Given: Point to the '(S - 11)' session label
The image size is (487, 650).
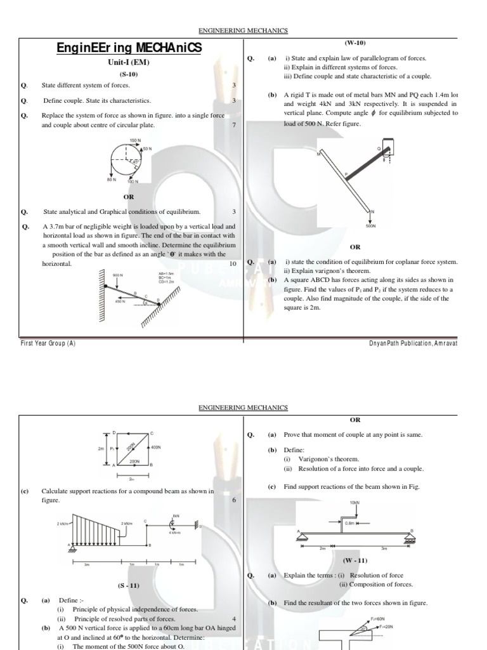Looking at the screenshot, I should click(129, 585).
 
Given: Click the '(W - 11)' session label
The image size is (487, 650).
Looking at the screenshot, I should click(355, 560).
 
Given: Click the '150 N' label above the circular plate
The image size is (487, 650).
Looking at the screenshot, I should click(135, 140).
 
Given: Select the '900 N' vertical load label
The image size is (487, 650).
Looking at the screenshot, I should click(117, 275).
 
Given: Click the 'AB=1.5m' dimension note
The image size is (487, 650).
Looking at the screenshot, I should click(166, 274).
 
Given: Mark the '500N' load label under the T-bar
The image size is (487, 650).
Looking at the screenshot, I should click(371, 225).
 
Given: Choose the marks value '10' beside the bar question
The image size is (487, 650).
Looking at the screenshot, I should click(232, 263).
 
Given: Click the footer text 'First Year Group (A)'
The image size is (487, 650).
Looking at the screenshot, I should click(48, 343).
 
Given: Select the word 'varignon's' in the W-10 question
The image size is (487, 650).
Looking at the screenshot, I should click(317, 270).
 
